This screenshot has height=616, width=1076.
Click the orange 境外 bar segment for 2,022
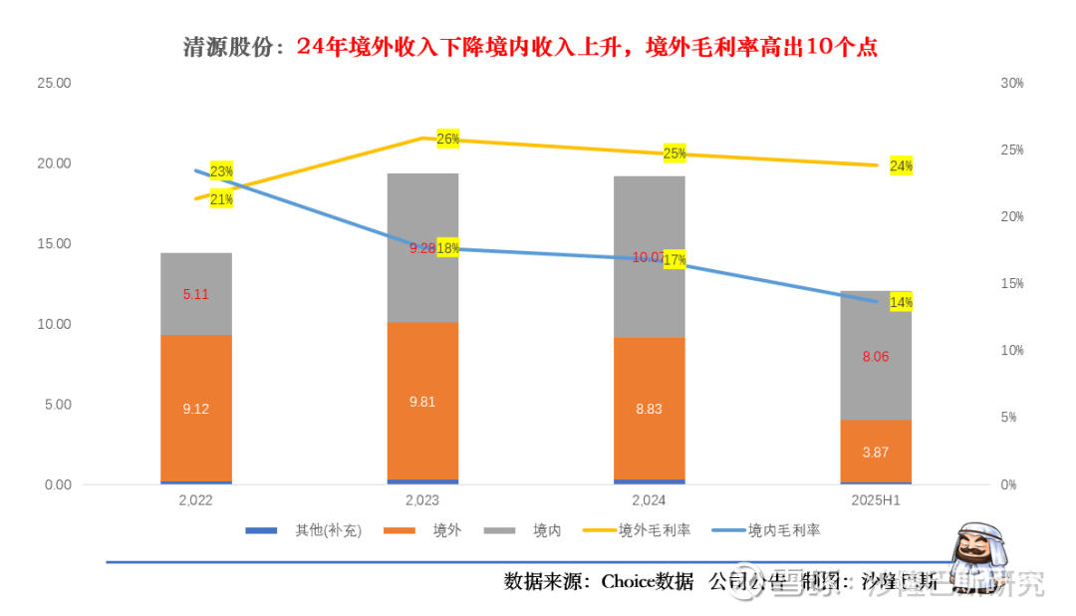coord(196,409)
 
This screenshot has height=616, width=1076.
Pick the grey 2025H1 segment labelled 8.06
coord(876,356)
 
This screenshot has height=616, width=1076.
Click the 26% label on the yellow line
coord(448,139)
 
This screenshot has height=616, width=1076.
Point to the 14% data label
coord(901,302)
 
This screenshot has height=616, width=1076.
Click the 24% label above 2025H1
coord(901,165)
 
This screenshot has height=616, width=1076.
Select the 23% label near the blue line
coord(221,171)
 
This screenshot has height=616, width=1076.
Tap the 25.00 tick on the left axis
coord(54,84)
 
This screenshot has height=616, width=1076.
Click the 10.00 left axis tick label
coord(54,325)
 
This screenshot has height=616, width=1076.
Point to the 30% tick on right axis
coord(1012,84)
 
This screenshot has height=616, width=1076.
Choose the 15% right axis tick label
coord(1012,284)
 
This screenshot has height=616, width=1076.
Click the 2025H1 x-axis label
coord(876,500)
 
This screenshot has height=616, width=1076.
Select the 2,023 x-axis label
coord(422,500)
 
